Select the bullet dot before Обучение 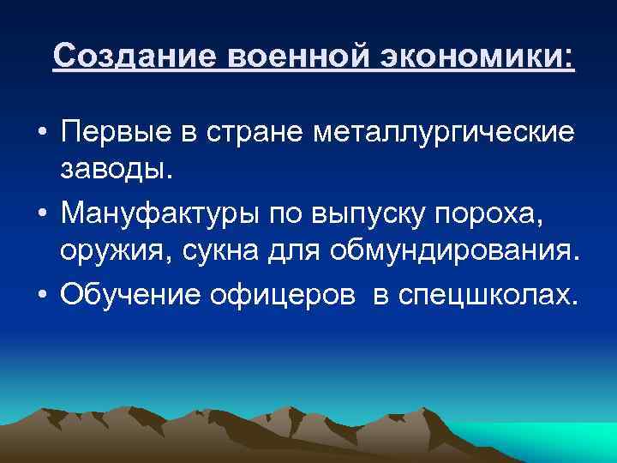(x=41, y=293)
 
